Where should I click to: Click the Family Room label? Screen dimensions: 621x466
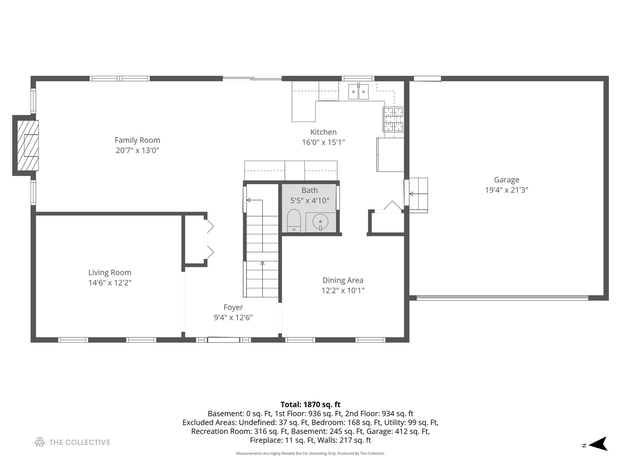tap(137, 140)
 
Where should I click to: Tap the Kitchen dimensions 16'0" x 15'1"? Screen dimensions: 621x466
tap(323, 142)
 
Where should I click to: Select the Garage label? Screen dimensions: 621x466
tap(506, 179)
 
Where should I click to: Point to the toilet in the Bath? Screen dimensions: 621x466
tap(294, 220)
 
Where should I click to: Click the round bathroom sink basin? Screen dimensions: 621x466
tap(320, 221)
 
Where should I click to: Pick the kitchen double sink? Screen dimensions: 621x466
tap(358, 91)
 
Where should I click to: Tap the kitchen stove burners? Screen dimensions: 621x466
tap(393, 120)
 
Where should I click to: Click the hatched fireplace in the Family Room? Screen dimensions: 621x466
tap(28, 145)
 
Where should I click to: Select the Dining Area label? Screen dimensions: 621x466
tap(343, 280)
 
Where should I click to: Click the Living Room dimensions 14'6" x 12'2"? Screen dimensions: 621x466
tap(110, 283)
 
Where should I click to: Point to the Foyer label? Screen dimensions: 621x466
tap(233, 307)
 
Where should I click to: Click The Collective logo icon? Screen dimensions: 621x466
tap(40, 442)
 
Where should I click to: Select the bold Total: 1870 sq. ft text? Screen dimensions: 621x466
tap(310, 404)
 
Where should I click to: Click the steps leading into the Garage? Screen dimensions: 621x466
tap(418, 195)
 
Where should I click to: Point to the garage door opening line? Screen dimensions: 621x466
tap(502, 298)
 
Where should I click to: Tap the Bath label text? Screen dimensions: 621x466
tap(310, 190)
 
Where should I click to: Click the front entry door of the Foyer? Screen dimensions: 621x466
tap(223, 340)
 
